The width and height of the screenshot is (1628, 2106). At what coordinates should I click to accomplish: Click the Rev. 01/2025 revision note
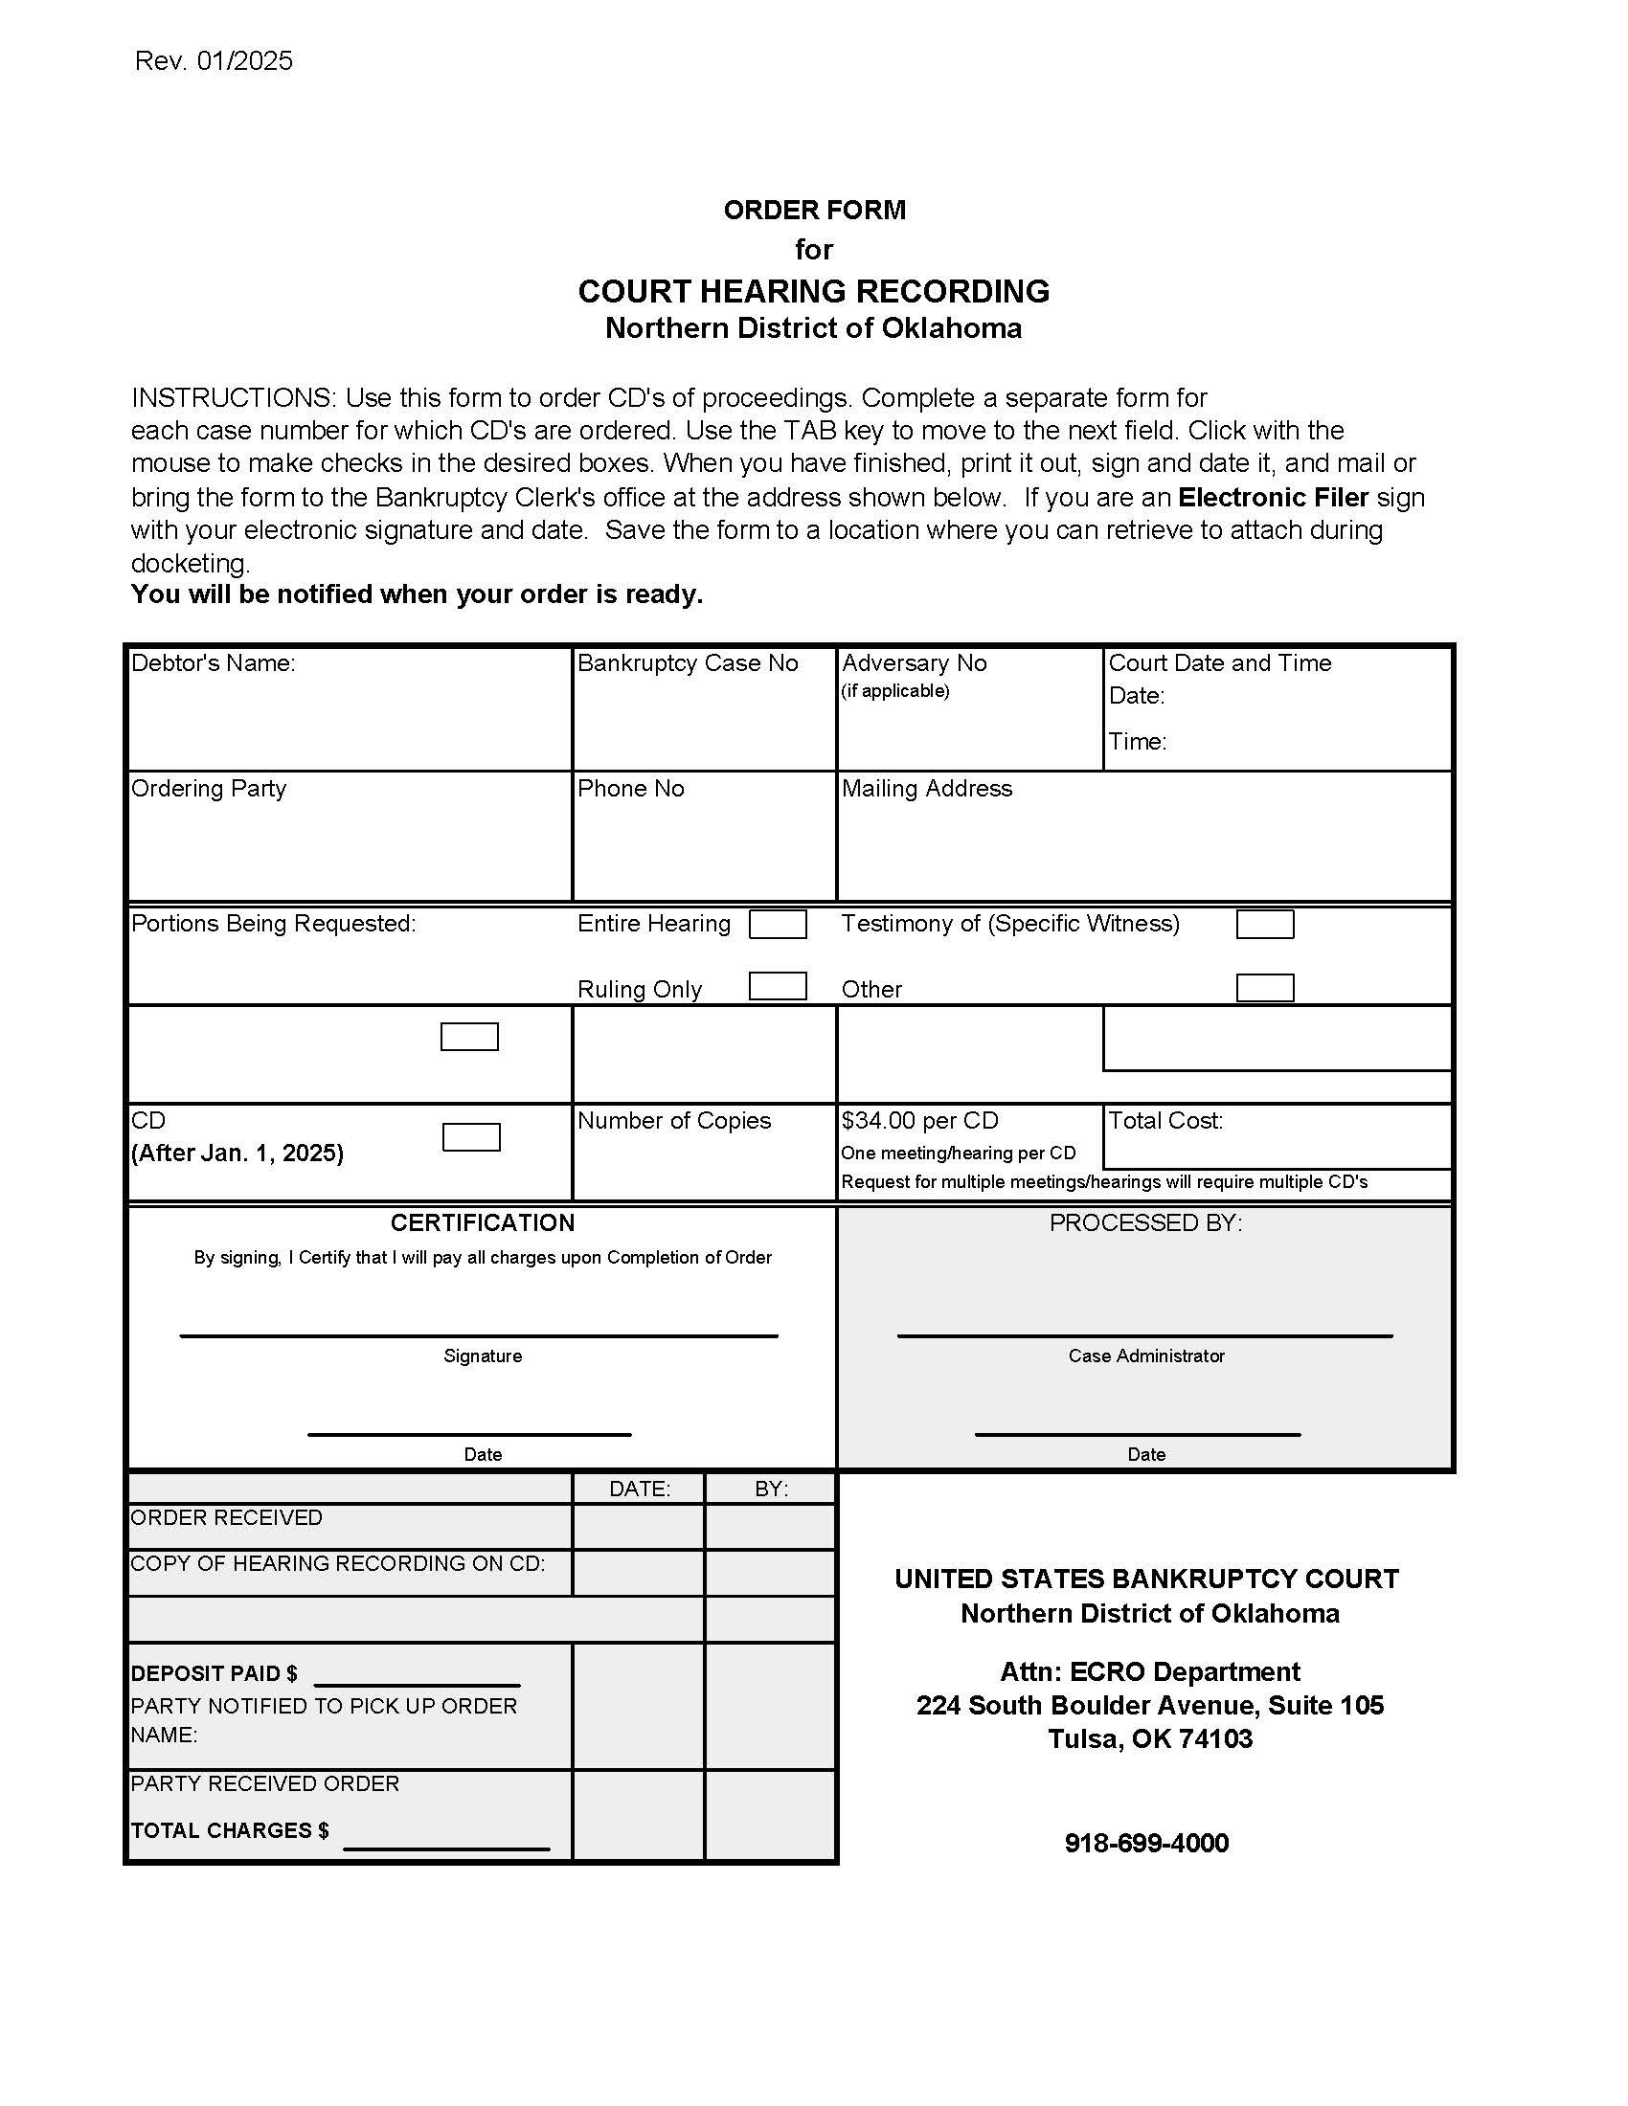[x=214, y=60]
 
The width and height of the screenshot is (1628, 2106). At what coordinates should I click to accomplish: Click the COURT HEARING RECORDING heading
[x=813, y=291]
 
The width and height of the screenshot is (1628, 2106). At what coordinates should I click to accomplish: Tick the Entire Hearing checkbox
[x=778, y=924]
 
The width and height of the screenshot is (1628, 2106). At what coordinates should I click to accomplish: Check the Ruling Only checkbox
[x=778, y=986]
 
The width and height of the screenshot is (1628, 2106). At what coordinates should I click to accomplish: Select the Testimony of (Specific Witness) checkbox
[x=1264, y=924]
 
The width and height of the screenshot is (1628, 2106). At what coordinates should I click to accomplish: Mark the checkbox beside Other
[x=1264, y=989]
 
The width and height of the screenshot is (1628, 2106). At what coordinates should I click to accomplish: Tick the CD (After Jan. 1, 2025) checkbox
[x=470, y=1137]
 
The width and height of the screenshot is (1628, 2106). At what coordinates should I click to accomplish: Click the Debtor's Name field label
[x=214, y=663]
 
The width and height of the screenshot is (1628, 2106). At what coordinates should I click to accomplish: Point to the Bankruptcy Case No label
[x=687, y=663]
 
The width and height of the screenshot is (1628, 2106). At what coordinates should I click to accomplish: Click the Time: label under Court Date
[x=1137, y=742]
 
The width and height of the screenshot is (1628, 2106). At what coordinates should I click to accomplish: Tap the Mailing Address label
[x=926, y=789]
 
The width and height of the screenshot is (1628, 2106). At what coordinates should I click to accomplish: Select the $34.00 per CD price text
[x=919, y=1121]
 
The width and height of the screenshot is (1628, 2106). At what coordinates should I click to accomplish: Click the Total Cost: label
[x=1165, y=1121]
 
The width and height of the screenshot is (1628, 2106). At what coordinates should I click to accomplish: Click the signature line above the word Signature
[x=479, y=1334]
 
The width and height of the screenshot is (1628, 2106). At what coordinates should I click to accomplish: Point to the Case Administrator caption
[x=1145, y=1355]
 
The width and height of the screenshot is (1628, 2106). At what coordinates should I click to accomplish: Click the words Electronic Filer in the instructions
[x=1273, y=498]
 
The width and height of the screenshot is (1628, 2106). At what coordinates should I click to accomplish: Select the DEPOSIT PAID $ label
[x=215, y=1674]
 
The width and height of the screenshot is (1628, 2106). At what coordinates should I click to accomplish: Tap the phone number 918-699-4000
[x=1145, y=1843]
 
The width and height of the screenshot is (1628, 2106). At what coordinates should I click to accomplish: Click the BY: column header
[x=771, y=1489]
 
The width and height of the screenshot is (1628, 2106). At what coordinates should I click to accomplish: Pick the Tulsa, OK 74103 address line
[x=1149, y=1738]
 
